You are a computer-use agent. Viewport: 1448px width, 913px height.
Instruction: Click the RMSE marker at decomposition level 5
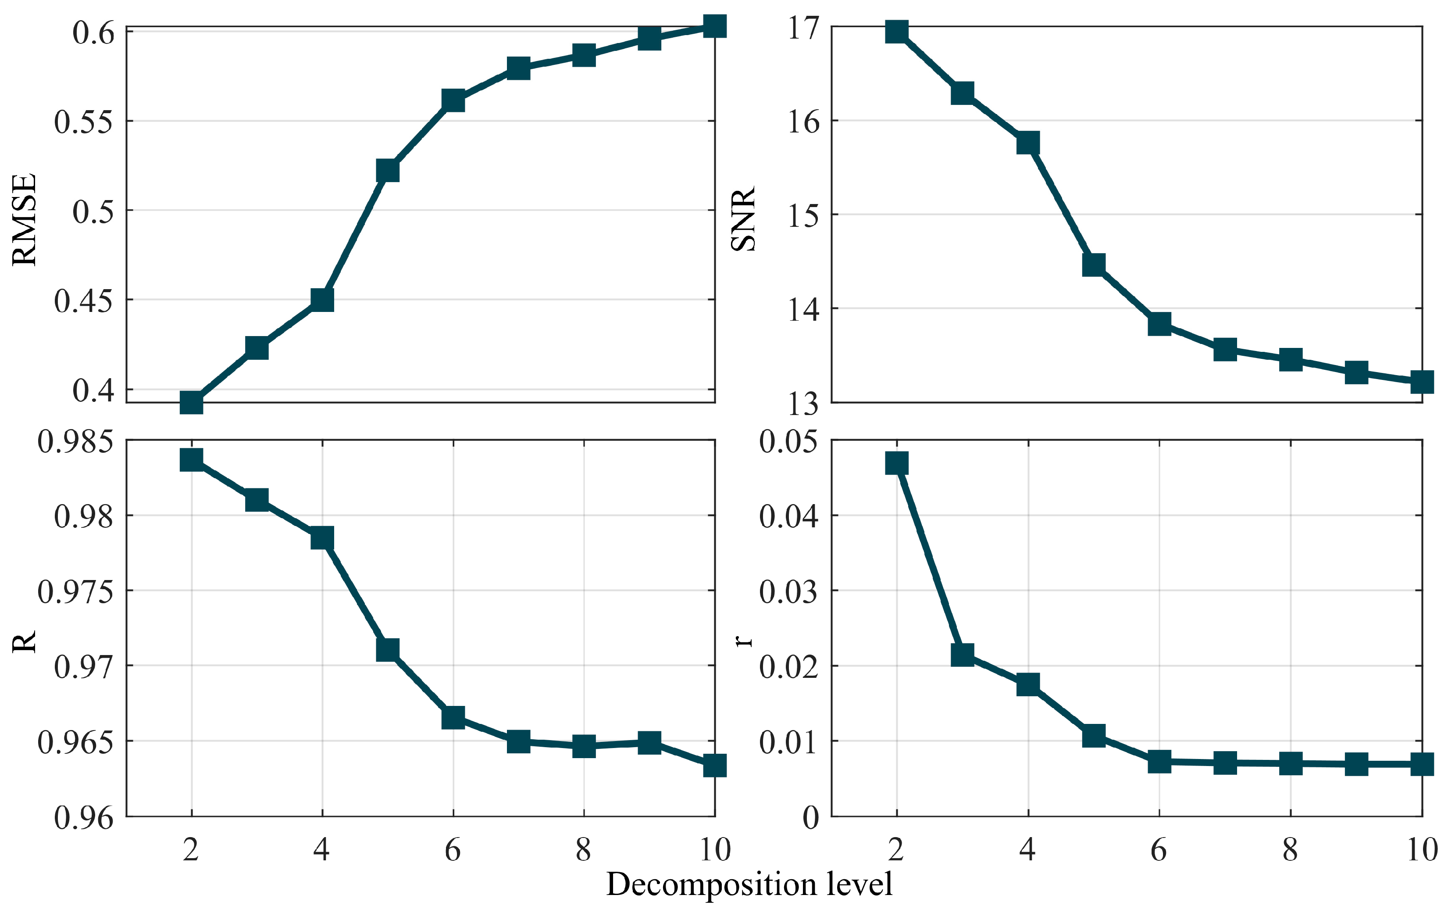click(388, 170)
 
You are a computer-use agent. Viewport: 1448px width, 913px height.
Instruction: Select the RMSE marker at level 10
click(714, 26)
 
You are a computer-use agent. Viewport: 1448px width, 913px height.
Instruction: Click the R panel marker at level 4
click(322, 538)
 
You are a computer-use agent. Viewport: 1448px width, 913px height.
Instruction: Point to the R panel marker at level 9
click(649, 743)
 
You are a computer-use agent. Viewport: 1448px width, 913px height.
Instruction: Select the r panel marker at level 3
click(963, 655)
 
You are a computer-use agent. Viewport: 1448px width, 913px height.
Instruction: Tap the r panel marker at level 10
click(1422, 764)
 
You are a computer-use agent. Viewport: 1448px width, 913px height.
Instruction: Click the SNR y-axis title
click(743, 219)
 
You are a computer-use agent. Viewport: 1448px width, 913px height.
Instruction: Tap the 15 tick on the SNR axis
click(803, 216)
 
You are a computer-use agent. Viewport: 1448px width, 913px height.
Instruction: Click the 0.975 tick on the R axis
click(75, 592)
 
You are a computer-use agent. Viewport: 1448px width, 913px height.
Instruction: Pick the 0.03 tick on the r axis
click(788, 592)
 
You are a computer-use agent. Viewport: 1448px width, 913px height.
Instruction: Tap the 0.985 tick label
click(75, 442)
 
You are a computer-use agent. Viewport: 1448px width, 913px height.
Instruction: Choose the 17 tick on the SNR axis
click(803, 28)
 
